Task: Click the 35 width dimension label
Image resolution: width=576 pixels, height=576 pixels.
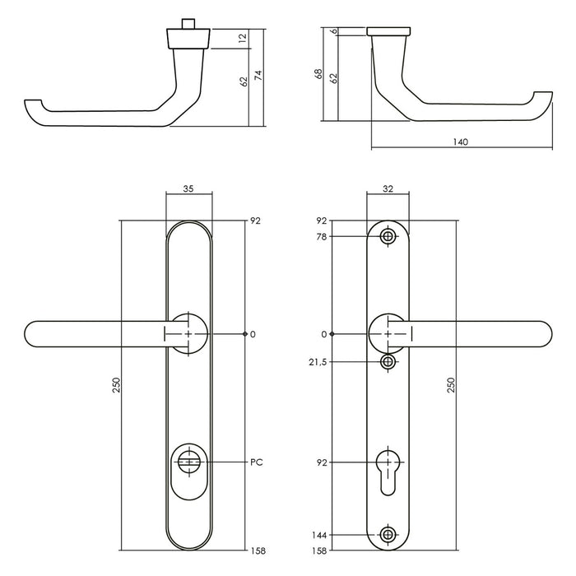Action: [x=188, y=188]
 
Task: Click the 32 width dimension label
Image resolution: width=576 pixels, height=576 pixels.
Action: [x=388, y=188]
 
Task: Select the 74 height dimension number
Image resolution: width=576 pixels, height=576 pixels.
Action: [x=258, y=76]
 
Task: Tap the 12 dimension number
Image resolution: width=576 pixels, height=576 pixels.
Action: [x=244, y=39]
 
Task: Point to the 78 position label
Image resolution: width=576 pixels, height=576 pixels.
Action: [x=322, y=237]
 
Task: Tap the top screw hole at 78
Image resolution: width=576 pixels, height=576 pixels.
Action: [x=388, y=237]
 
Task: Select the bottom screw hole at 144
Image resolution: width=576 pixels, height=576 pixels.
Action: [x=388, y=535]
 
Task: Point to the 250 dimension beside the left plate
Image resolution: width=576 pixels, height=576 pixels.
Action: [x=114, y=385]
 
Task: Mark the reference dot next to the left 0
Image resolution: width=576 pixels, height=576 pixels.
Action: [x=245, y=334]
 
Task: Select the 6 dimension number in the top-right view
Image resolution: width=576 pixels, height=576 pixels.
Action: [x=334, y=31]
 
